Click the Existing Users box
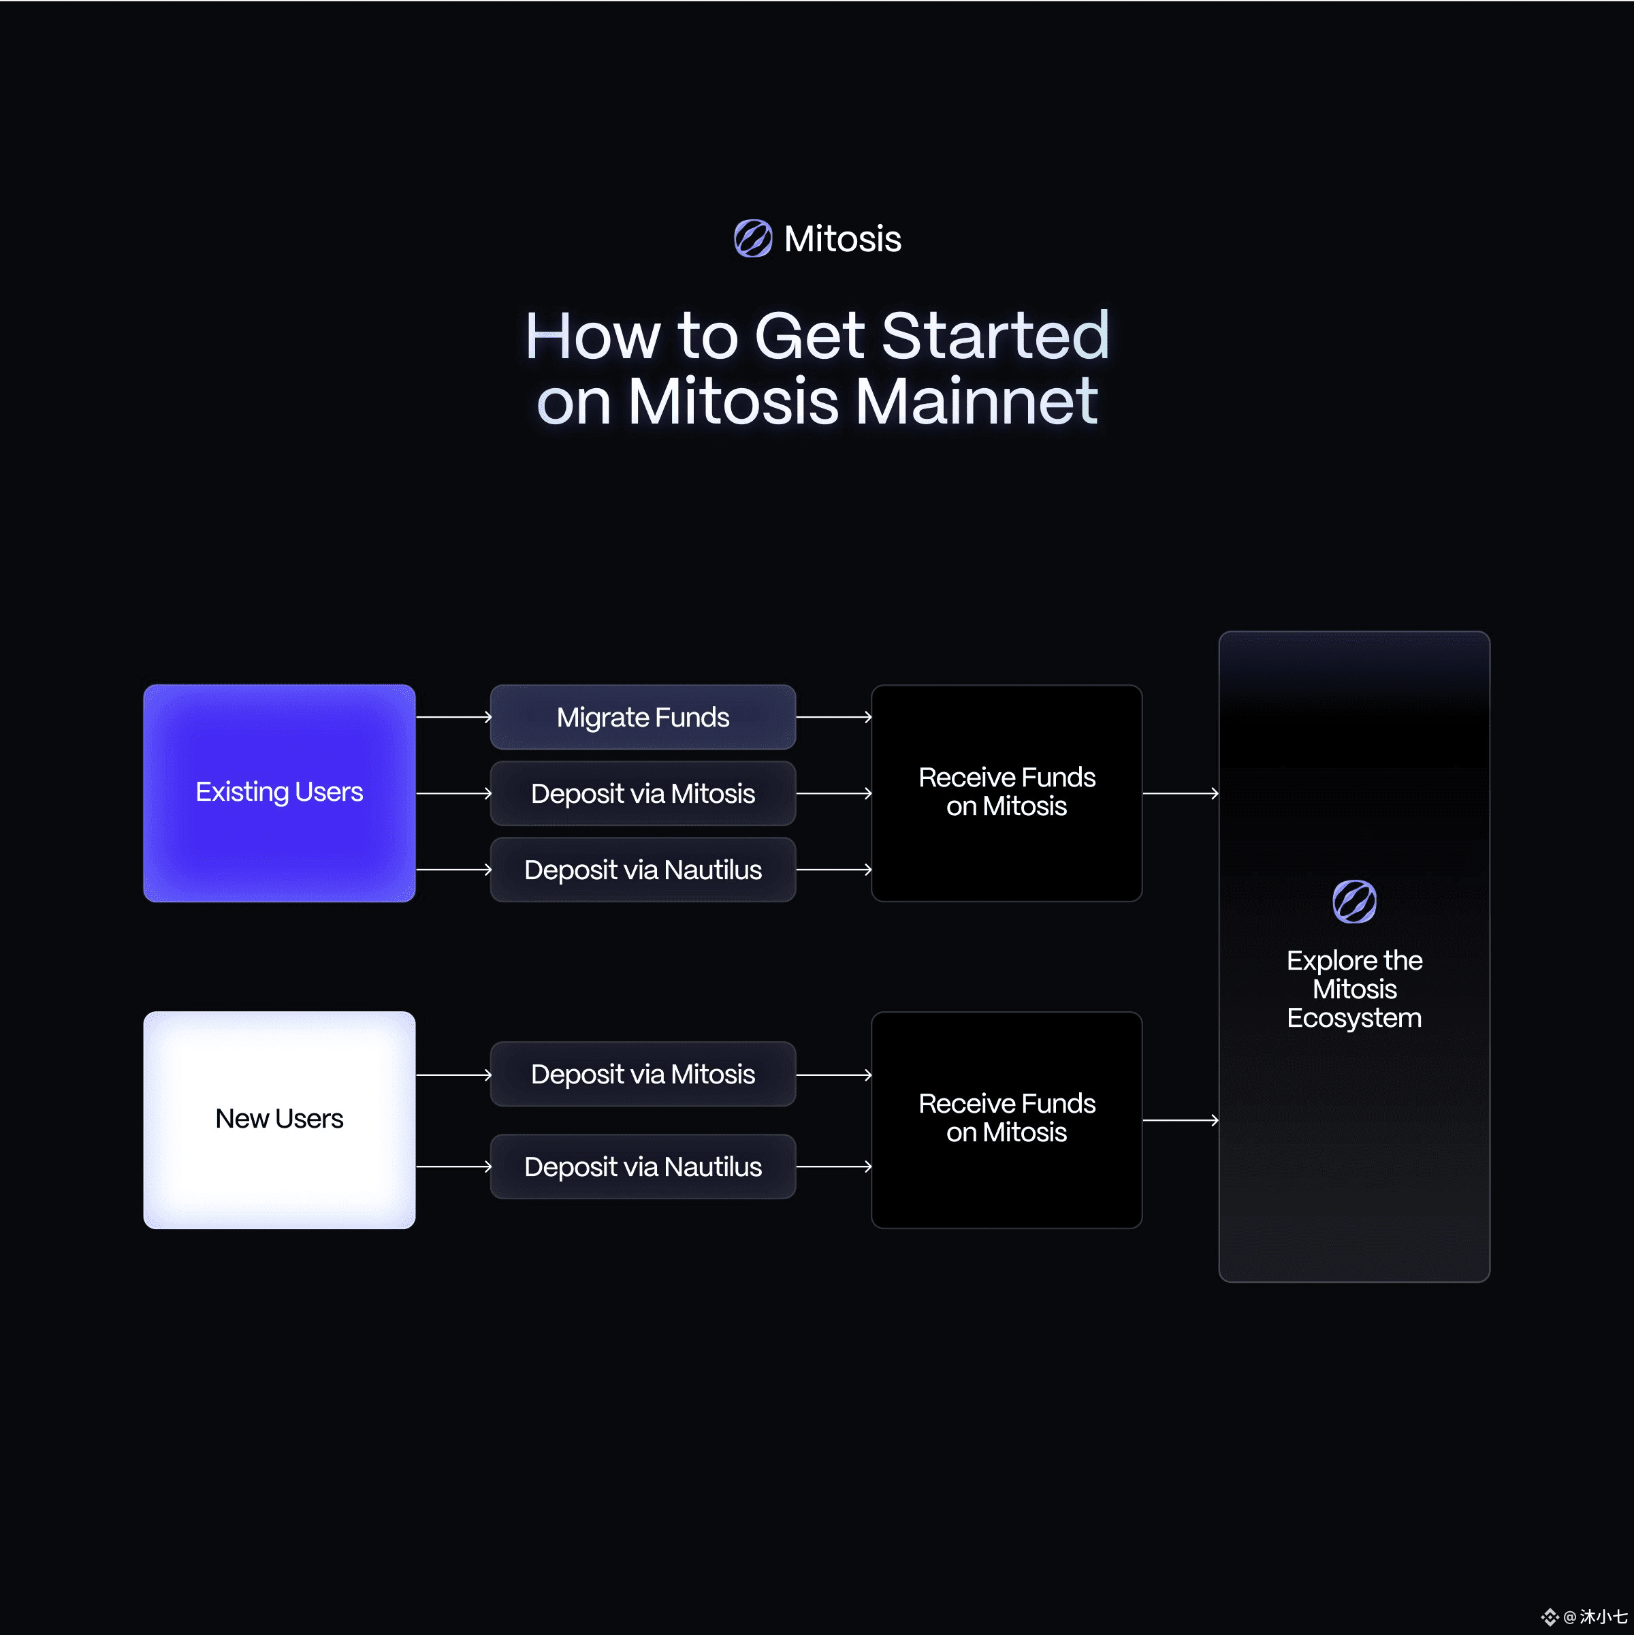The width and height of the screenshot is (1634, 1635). (x=279, y=793)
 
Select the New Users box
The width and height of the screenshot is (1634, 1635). (x=279, y=1120)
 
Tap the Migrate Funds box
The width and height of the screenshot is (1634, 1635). (x=643, y=717)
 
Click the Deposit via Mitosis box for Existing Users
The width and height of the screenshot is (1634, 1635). (x=643, y=793)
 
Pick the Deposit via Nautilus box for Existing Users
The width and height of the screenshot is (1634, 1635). (x=643, y=869)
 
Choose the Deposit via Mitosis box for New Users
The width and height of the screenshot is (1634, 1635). (x=643, y=1074)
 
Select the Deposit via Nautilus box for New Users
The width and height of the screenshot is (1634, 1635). (x=643, y=1166)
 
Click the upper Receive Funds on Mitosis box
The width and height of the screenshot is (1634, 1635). (x=1007, y=793)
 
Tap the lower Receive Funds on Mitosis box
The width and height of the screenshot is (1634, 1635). (x=1007, y=1120)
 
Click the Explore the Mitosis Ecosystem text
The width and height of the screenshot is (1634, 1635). (x=1354, y=989)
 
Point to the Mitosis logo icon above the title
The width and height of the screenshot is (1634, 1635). (x=753, y=238)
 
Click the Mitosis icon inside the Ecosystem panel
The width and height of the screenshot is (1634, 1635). (x=1354, y=902)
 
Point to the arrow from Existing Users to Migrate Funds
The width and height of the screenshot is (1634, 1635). (x=453, y=717)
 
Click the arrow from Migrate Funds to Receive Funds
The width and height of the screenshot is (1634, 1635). (x=834, y=717)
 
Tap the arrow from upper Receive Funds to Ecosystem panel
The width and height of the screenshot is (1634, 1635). (x=1181, y=793)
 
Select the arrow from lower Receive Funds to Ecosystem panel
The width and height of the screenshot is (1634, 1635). (x=1181, y=1120)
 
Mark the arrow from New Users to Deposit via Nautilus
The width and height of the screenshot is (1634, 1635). (x=453, y=1166)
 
